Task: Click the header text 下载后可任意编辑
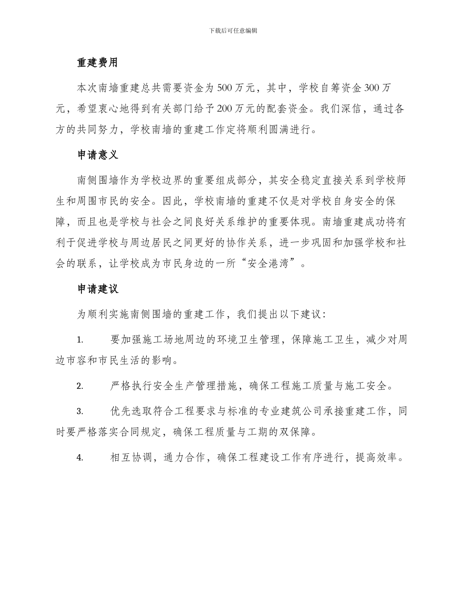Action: click(233, 30)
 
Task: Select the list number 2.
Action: click(80, 386)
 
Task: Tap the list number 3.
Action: click(80, 411)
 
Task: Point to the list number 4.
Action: click(80, 458)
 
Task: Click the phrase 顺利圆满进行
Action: click(281, 131)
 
